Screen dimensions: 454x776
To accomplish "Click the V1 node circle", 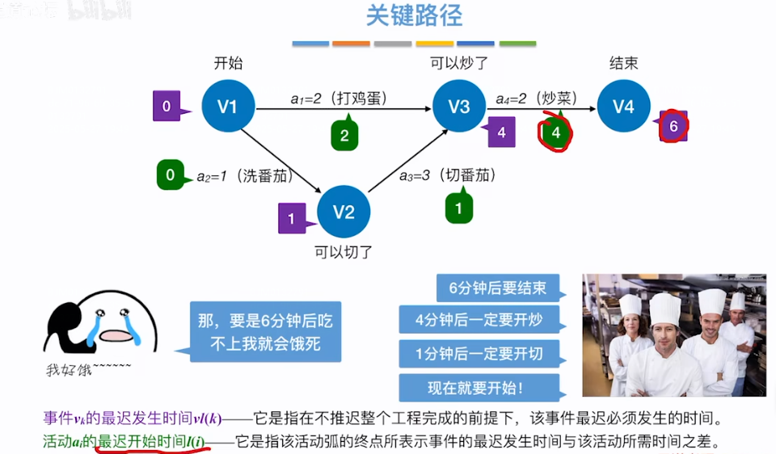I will tap(227, 106).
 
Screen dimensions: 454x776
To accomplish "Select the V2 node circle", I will tap(344, 212).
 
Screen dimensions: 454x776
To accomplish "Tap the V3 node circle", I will tap(459, 106).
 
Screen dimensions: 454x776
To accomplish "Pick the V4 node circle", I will tap(623, 106).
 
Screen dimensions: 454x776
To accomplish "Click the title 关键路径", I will tap(415, 16).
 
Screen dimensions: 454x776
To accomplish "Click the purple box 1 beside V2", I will tap(292, 217).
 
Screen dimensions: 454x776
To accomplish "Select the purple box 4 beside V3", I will tap(501, 132).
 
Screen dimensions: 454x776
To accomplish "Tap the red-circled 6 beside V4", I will tap(674, 126).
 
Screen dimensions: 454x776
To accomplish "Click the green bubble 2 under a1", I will tap(344, 136).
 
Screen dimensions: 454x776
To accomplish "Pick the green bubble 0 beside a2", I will tap(171, 174).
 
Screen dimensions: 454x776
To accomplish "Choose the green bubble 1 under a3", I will tap(459, 208).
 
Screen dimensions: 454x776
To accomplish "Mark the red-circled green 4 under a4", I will tap(555, 132).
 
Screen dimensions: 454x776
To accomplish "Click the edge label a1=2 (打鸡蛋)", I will tap(339, 98).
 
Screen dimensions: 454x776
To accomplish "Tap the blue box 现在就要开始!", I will tap(480, 388).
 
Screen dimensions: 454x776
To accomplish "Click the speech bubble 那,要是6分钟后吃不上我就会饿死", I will tap(265, 332).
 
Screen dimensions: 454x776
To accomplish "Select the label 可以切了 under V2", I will tap(344, 252).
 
